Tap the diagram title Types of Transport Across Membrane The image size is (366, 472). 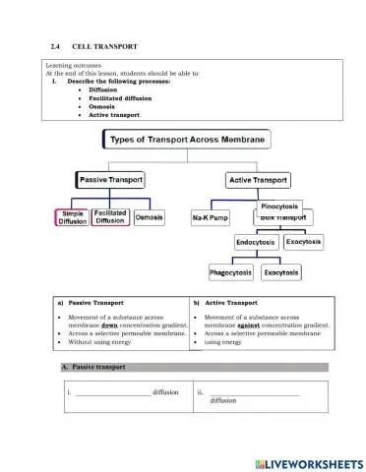[x=186, y=141]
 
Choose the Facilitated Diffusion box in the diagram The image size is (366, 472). [x=110, y=216]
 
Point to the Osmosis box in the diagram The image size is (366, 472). [x=149, y=217]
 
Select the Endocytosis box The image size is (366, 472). [x=256, y=242]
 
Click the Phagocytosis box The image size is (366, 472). [x=230, y=271]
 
